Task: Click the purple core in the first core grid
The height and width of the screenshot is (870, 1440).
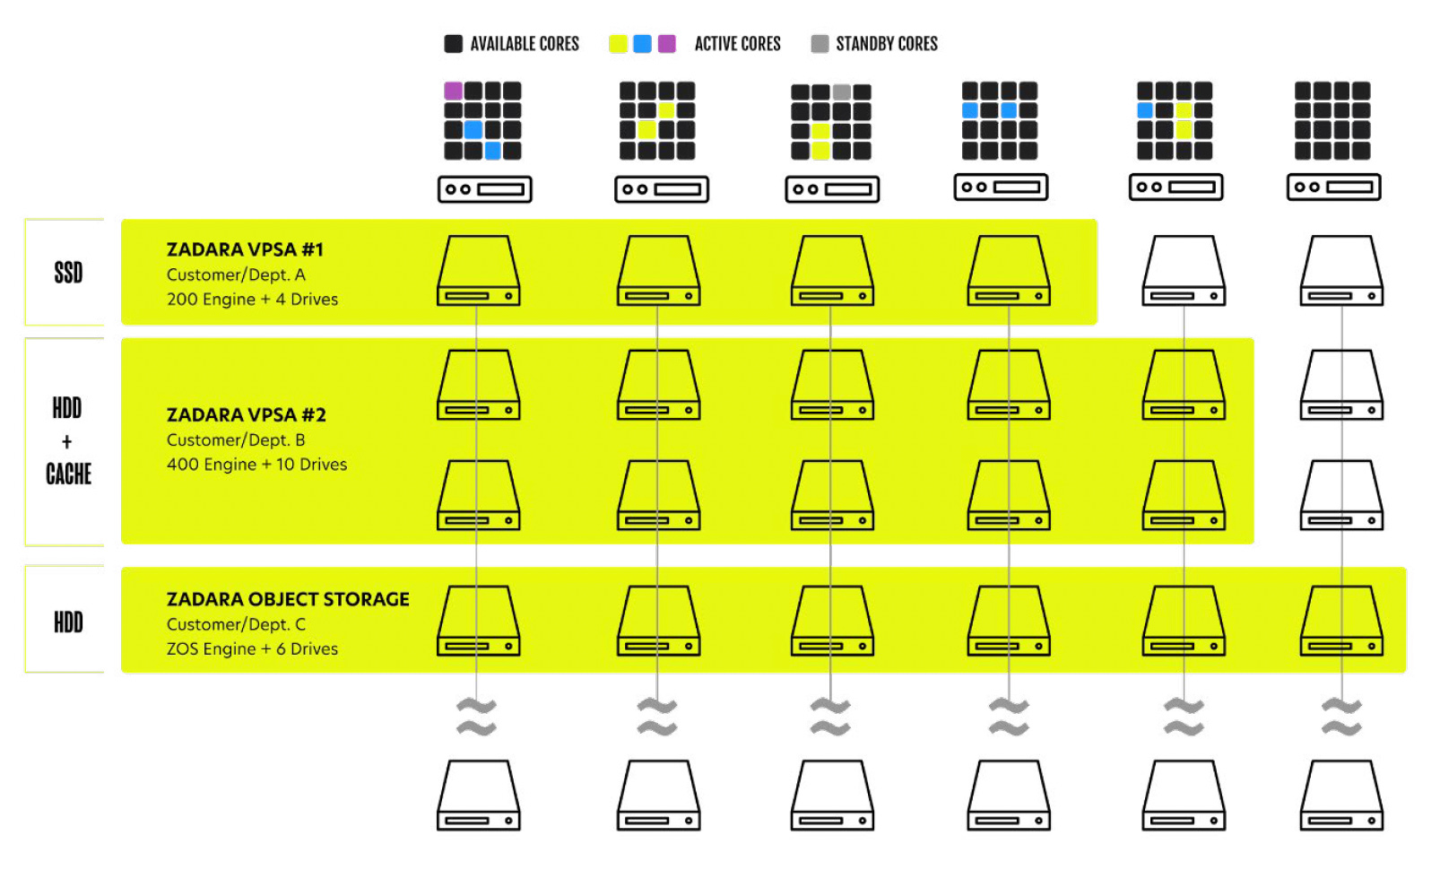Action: [x=453, y=91]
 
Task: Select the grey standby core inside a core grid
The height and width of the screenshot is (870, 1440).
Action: [x=841, y=91]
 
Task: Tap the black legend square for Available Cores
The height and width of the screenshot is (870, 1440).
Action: [x=454, y=44]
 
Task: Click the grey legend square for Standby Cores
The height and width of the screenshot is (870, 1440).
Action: [x=820, y=44]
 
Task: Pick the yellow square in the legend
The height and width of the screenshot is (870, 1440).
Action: [x=618, y=44]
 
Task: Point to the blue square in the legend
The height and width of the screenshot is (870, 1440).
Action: [x=642, y=44]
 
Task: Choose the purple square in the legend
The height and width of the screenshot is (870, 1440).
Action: [x=666, y=44]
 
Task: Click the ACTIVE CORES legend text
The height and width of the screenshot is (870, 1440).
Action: [x=737, y=44]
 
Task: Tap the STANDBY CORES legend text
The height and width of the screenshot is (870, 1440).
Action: [x=886, y=44]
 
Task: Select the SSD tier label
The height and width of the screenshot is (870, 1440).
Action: [x=68, y=273]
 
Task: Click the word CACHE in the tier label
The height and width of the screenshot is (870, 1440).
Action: [x=68, y=474]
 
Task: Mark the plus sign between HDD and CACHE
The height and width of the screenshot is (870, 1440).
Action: [x=66, y=442]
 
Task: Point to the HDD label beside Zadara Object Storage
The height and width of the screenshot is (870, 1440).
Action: [x=68, y=622]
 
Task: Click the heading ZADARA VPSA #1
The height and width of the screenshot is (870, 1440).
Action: [x=245, y=249]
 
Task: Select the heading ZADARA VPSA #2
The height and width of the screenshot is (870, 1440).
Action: [x=246, y=414]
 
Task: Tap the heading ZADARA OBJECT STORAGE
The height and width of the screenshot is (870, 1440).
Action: [x=288, y=599]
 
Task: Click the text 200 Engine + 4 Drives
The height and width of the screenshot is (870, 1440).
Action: [x=252, y=300]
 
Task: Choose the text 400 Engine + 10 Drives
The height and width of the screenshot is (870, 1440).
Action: [x=256, y=465]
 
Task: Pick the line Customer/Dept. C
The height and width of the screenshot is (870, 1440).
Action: [x=236, y=624]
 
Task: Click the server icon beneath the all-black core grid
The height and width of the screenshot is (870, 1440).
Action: [x=1333, y=187]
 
